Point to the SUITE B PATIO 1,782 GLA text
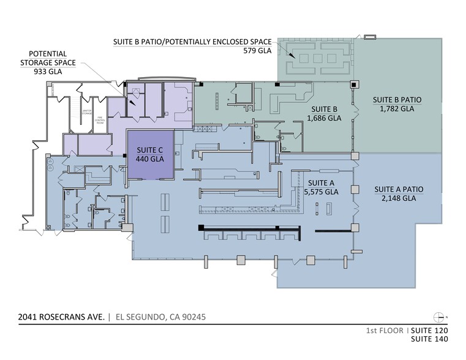[x=397, y=104]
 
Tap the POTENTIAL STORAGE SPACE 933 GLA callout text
[x=44, y=62]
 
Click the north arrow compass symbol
[x=438, y=317]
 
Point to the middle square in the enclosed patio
[x=317, y=58]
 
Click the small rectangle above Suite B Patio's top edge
[x=370, y=37]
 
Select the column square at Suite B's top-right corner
[x=353, y=84]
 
